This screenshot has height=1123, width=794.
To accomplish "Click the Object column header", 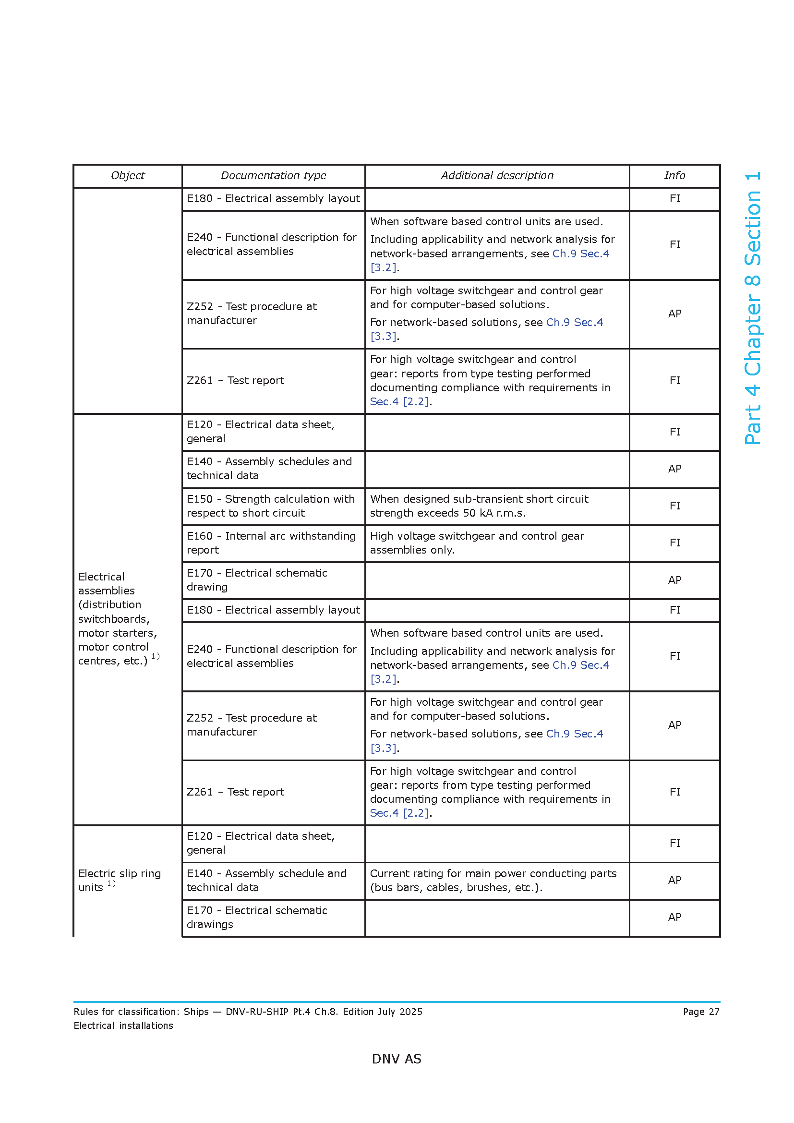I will point(128,176).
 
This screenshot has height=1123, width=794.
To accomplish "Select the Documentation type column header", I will point(273,176).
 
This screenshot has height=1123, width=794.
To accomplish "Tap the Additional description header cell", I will point(497,176).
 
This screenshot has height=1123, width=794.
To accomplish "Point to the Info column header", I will point(674,176).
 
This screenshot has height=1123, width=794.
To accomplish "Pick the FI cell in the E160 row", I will point(674,543).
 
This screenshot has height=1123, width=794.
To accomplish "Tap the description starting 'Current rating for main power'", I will point(493,881).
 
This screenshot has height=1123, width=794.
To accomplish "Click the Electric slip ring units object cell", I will point(120,881).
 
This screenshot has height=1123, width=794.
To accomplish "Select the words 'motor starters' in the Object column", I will point(117,633).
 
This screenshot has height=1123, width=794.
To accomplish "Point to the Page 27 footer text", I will point(700,1012).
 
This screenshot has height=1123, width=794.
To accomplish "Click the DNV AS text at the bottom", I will point(397,1059).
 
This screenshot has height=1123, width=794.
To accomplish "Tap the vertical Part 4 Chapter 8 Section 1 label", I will point(752,308).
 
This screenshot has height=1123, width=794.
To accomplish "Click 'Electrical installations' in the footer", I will point(123,1026).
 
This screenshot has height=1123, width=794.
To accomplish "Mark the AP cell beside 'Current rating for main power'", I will point(674,881).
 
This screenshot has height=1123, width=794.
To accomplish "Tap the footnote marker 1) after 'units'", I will point(111,883).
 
